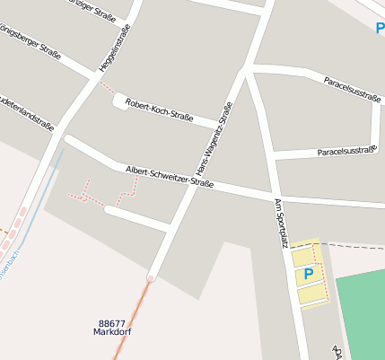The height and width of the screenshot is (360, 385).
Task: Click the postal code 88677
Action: [112, 323]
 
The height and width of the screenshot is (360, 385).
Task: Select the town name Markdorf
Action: [112, 332]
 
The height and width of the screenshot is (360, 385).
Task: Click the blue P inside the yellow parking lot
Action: [308, 274]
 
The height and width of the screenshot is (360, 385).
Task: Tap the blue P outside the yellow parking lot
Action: [380, 28]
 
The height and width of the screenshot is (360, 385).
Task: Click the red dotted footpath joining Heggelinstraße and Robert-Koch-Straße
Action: [107, 89]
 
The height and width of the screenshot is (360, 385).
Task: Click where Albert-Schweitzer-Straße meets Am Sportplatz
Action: [272, 196]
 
